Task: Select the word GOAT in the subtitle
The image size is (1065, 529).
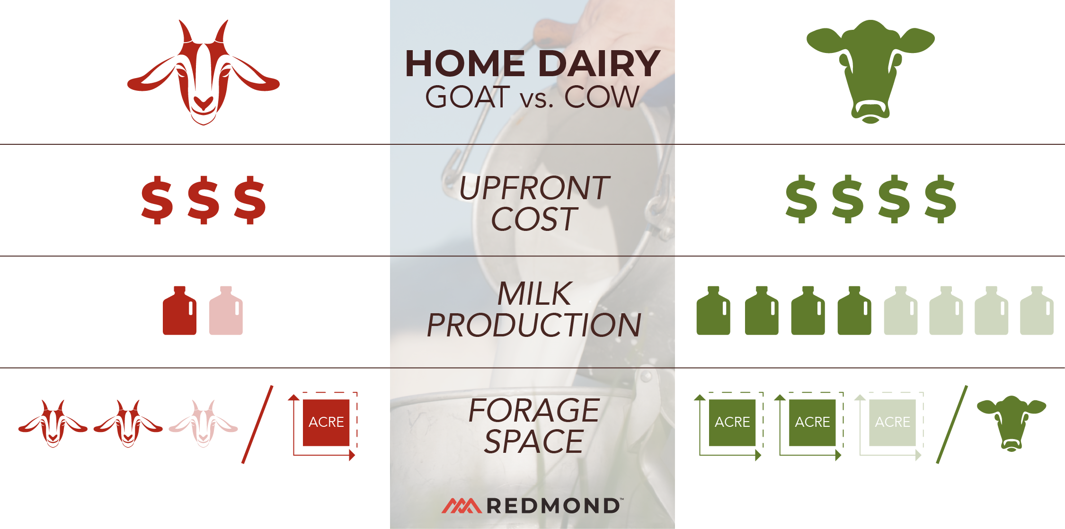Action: (467, 97)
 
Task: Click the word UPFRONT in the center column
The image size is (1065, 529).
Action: (534, 188)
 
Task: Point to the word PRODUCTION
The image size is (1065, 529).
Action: (534, 325)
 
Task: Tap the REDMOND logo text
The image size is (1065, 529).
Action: (553, 506)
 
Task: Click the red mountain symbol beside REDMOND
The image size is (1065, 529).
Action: (461, 505)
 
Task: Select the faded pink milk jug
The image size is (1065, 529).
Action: (226, 311)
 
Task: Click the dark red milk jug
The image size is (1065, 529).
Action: (179, 311)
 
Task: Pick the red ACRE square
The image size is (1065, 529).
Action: (326, 422)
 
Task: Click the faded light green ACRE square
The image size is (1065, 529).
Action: (892, 422)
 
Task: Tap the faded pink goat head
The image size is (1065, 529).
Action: (204, 423)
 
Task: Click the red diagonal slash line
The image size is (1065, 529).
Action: (257, 424)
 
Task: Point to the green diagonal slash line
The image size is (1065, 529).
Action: (952, 424)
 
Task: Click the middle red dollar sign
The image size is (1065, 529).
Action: (204, 200)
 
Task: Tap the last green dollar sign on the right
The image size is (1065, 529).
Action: (941, 199)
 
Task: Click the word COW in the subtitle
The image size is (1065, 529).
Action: (602, 97)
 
